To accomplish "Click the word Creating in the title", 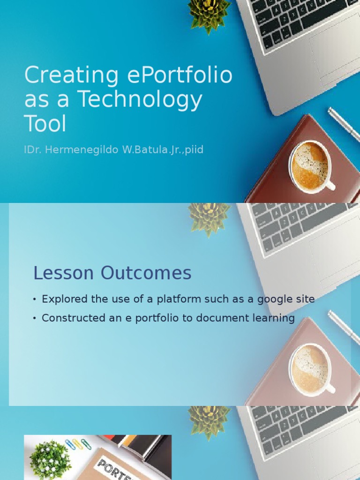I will [71, 76].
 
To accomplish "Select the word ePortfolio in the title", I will [179, 76].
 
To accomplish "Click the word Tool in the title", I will [45, 124].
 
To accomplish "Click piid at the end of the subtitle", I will [194, 150].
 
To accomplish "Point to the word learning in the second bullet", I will [274, 318].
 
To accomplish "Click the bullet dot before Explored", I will [35, 300].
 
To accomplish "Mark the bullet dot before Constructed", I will [35, 318].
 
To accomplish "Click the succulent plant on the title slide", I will [209, 13].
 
